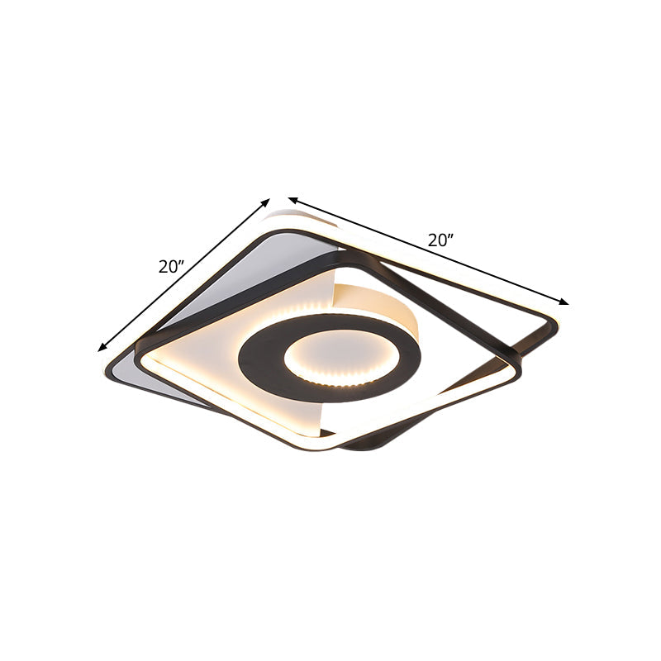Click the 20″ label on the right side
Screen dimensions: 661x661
(x=441, y=240)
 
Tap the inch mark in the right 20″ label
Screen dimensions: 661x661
(x=455, y=238)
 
